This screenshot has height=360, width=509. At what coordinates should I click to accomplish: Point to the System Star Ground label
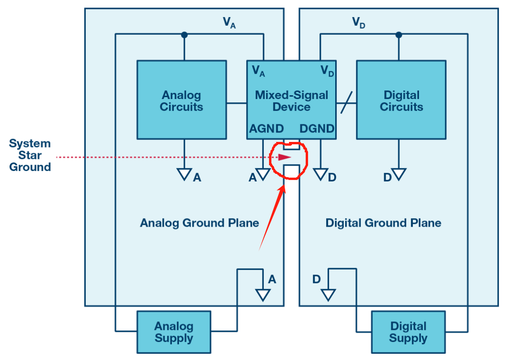coord(30,155)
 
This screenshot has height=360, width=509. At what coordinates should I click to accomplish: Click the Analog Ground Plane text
coord(200,223)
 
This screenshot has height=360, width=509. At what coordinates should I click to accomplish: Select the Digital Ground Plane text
coord(383,223)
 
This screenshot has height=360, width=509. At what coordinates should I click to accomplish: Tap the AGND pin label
coord(266,129)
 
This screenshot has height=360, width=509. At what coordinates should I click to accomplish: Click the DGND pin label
coord(317,129)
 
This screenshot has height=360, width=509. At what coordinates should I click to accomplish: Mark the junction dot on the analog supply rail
coord(184,35)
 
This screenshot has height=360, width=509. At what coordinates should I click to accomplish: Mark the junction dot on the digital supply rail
coord(399,35)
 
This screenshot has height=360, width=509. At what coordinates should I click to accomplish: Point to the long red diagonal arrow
coord(271,217)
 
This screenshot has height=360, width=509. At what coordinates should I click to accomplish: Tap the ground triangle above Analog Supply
coord(262,295)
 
